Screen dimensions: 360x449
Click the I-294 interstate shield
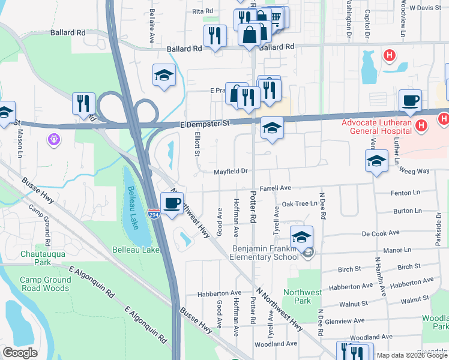tap(154, 214)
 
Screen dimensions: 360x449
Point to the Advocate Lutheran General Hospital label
tap(379, 127)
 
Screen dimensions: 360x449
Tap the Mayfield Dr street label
tap(231, 172)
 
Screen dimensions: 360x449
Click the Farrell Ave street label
tap(275, 188)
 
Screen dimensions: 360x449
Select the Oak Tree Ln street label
tap(300, 204)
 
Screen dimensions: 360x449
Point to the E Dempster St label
tap(205, 124)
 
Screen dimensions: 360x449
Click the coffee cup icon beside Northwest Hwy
tap(172, 203)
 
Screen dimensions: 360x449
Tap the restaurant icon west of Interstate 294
tap(83, 103)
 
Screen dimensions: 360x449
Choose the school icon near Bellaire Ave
tap(164, 75)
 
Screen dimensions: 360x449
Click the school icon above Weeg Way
tap(376, 160)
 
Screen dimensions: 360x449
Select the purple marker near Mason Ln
tap(54, 139)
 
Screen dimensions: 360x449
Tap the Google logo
tap(20, 353)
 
